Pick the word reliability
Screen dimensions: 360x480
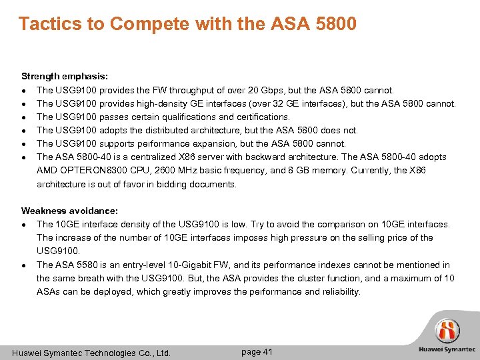point(338,291)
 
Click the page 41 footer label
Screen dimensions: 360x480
point(257,352)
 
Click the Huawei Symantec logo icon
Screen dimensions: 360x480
point(447,331)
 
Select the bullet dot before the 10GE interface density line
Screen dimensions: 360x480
point(24,225)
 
